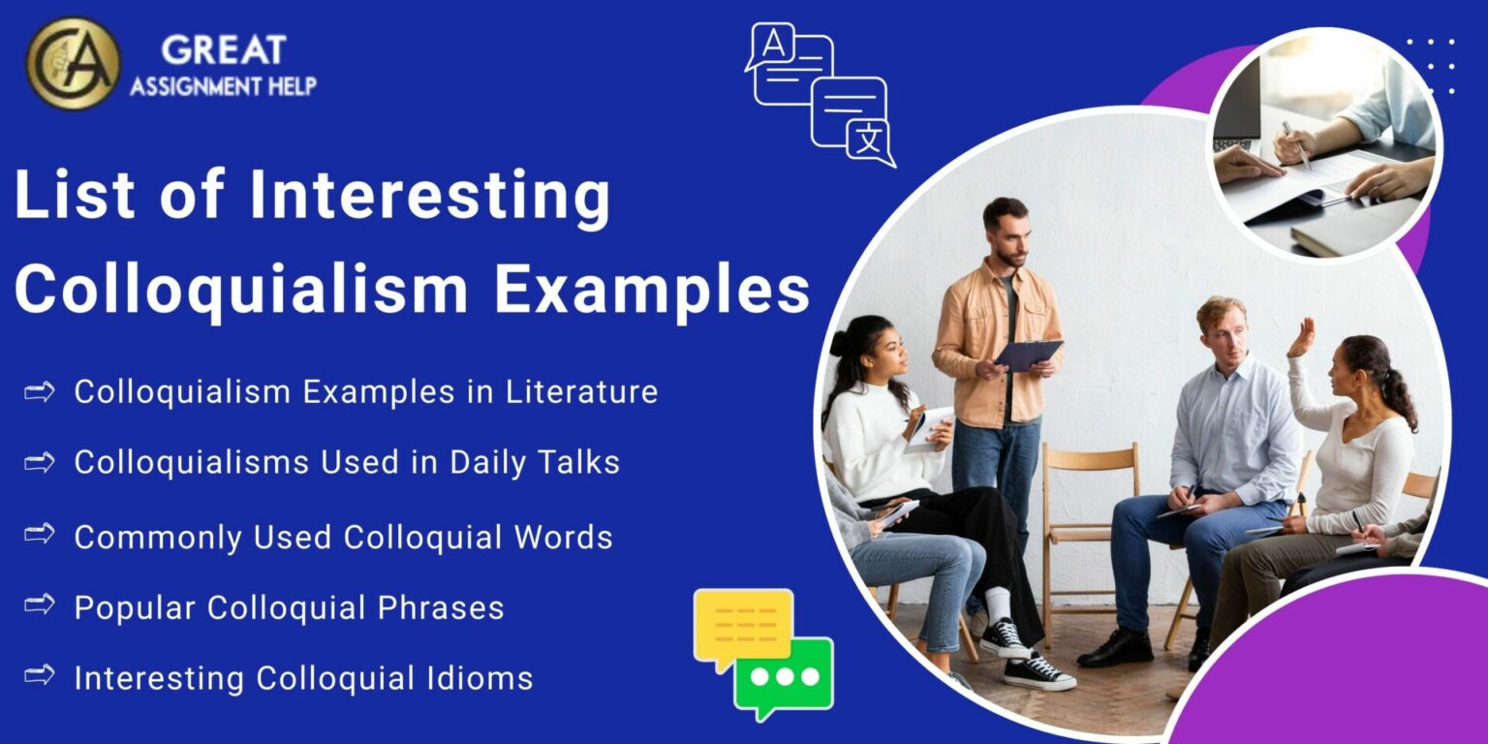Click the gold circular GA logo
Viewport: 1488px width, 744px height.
73,63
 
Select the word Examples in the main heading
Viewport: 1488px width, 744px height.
652,288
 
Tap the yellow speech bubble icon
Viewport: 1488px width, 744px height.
743,627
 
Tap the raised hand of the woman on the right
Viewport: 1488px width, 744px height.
1302,337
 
